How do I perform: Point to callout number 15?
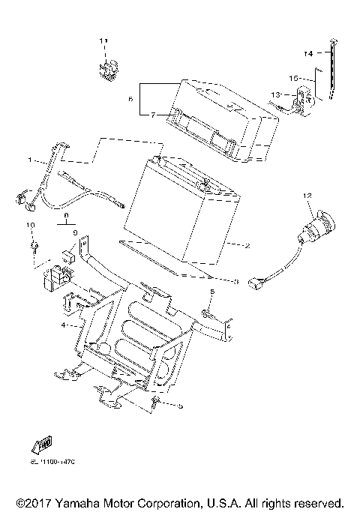(x=294, y=77)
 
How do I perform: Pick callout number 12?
(x=306, y=196)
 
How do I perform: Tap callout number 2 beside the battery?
(x=247, y=245)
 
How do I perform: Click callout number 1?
(x=30, y=160)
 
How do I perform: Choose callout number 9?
(x=74, y=233)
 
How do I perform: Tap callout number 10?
(x=31, y=225)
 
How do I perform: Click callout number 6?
(x=130, y=98)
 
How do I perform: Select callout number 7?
(x=153, y=115)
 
